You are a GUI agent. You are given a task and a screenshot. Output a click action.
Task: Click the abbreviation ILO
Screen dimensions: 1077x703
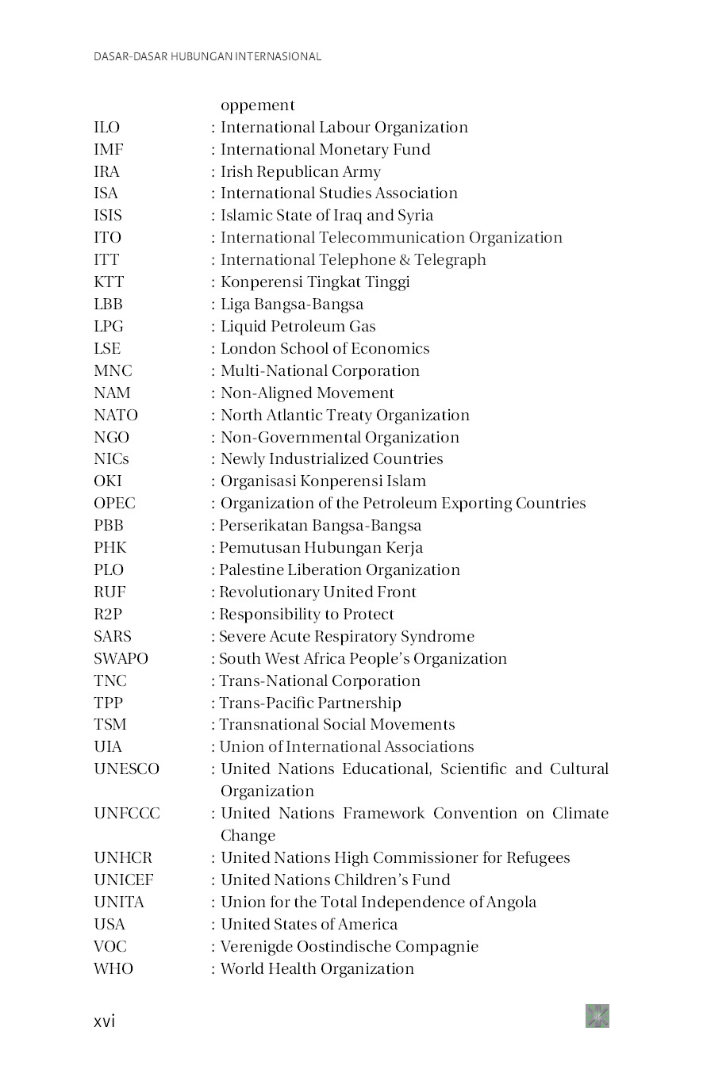(x=106, y=128)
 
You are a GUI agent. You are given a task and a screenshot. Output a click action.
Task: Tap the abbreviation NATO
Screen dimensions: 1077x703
(x=116, y=416)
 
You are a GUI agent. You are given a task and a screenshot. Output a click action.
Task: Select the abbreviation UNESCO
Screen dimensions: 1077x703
(x=126, y=769)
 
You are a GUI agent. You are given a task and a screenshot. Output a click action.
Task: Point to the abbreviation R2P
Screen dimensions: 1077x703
(x=108, y=615)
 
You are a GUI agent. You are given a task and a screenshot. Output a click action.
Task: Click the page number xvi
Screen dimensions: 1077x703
(x=104, y=1021)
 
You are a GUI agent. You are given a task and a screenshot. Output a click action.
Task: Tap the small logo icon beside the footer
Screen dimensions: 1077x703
(x=597, y=1016)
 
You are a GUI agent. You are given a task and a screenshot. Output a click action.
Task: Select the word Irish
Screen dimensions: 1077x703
(x=236, y=172)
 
